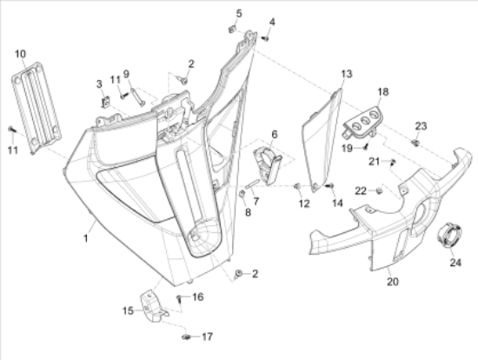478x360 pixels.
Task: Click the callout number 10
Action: pyautogui.click(x=21, y=54)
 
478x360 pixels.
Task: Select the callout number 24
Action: pyautogui.click(x=455, y=262)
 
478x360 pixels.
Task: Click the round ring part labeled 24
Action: pyautogui.click(x=449, y=234)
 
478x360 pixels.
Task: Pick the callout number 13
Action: pyautogui.click(x=347, y=74)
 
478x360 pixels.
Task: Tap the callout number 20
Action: pyautogui.click(x=393, y=281)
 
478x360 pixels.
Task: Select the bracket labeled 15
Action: pyautogui.click(x=154, y=306)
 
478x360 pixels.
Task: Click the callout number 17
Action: pyautogui.click(x=207, y=337)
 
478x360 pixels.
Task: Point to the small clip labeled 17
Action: pyautogui.click(x=186, y=337)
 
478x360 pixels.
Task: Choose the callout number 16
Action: pyautogui.click(x=198, y=297)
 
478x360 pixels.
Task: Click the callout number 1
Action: pyautogui.click(x=86, y=238)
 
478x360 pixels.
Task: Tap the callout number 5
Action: pyautogui.click(x=239, y=13)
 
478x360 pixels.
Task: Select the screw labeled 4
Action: pyautogui.click(x=265, y=38)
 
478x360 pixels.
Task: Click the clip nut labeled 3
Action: pyautogui.click(x=105, y=102)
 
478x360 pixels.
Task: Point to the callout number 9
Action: pyautogui.click(x=126, y=74)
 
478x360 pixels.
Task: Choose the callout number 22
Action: pyautogui.click(x=361, y=191)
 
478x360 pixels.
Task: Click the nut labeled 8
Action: pyautogui.click(x=242, y=194)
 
